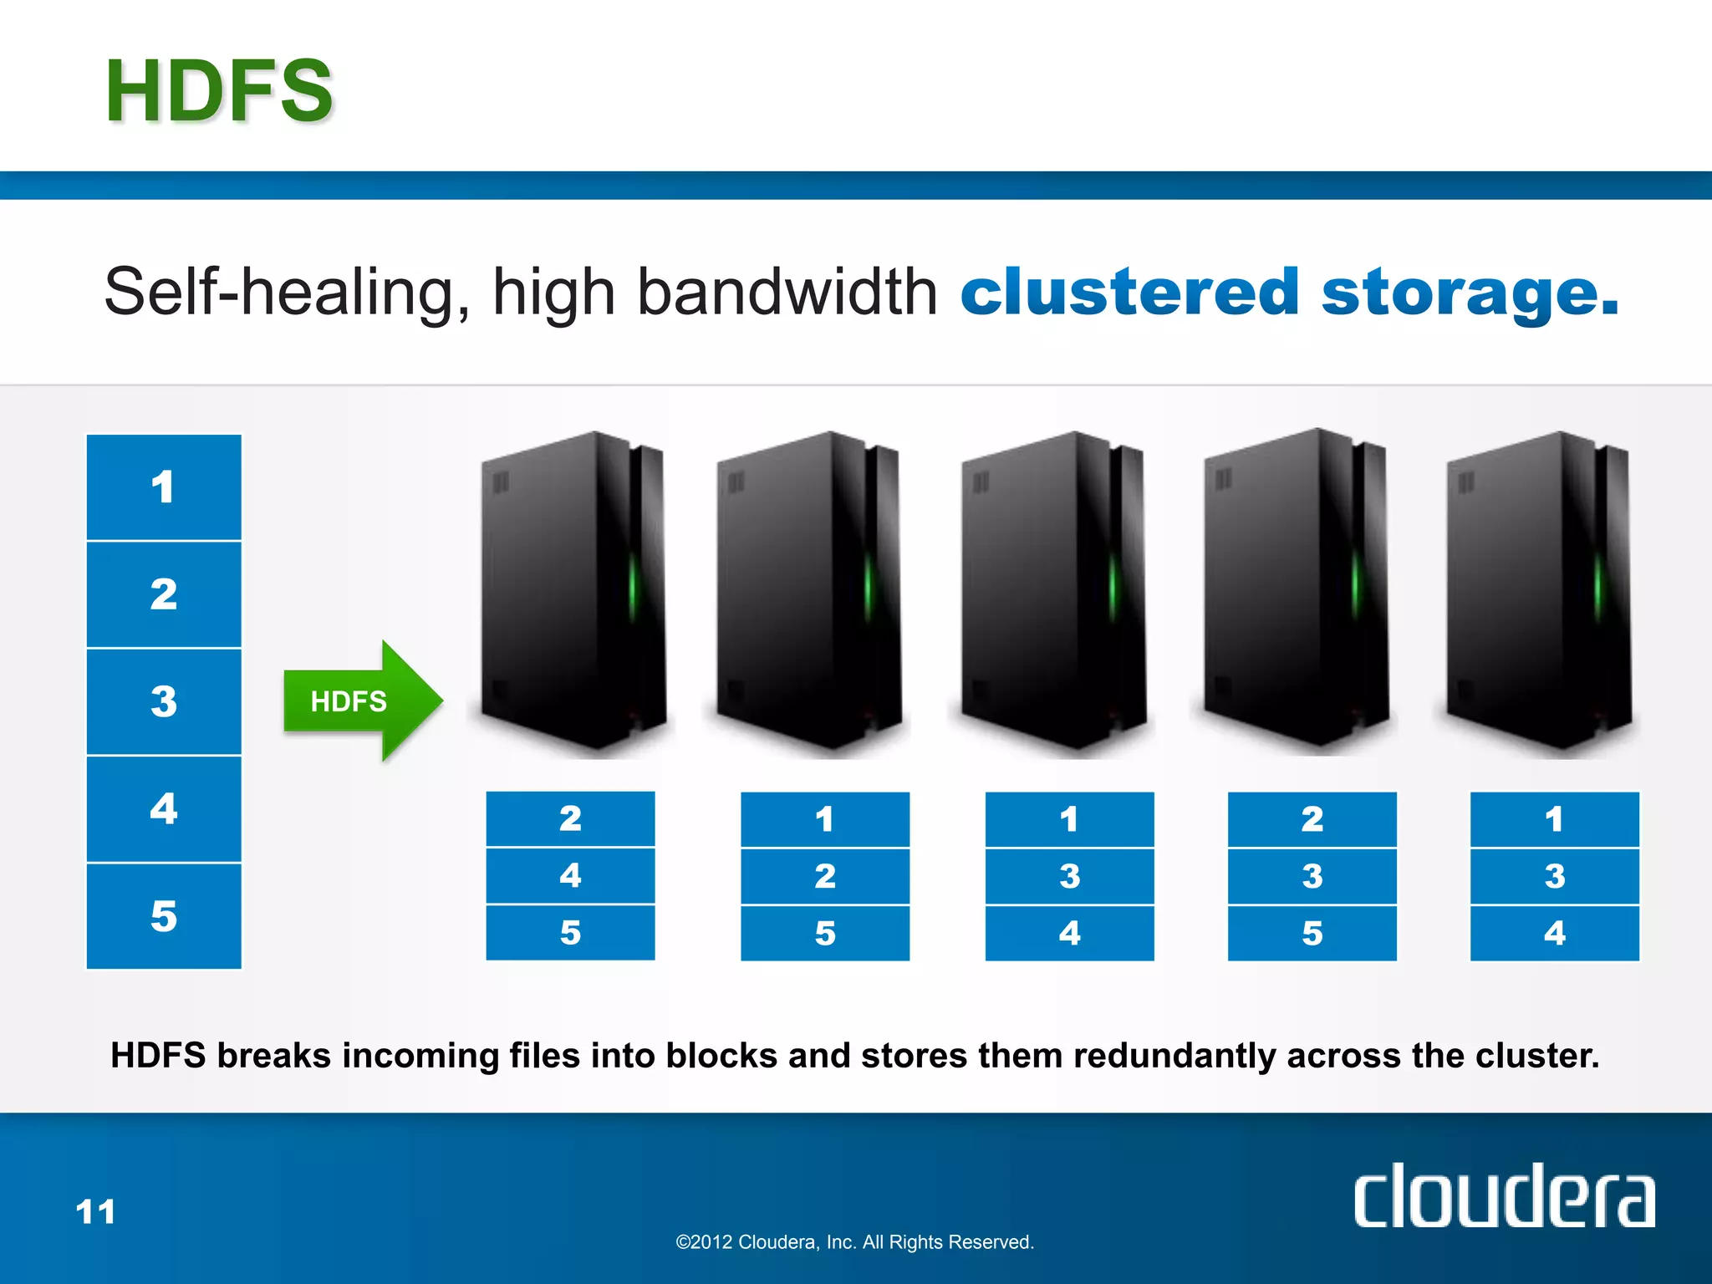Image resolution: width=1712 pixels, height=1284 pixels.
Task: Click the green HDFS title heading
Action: coord(219,91)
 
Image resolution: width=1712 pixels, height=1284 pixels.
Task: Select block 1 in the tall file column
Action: coord(164,487)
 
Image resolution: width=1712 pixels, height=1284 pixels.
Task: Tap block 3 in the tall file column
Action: coord(164,701)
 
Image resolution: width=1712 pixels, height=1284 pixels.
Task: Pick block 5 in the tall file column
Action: coord(164,916)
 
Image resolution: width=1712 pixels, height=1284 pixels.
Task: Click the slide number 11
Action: coord(95,1211)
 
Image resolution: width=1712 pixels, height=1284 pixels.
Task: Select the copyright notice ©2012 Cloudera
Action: coord(854,1242)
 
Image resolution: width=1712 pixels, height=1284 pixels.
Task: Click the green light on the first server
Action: coord(633,585)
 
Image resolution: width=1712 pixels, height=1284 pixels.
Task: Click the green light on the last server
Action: coord(1597,585)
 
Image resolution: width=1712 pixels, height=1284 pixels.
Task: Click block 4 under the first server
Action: coord(570,875)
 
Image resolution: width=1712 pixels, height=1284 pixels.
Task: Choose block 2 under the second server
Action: coord(825,876)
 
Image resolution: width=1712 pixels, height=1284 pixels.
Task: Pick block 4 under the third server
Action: coord(1069,933)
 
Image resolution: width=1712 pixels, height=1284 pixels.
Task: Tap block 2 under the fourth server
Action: coord(1312,819)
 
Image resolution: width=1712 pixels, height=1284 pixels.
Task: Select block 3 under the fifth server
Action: coord(1554,876)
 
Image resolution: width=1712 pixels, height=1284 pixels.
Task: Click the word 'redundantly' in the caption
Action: coord(1174,1056)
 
